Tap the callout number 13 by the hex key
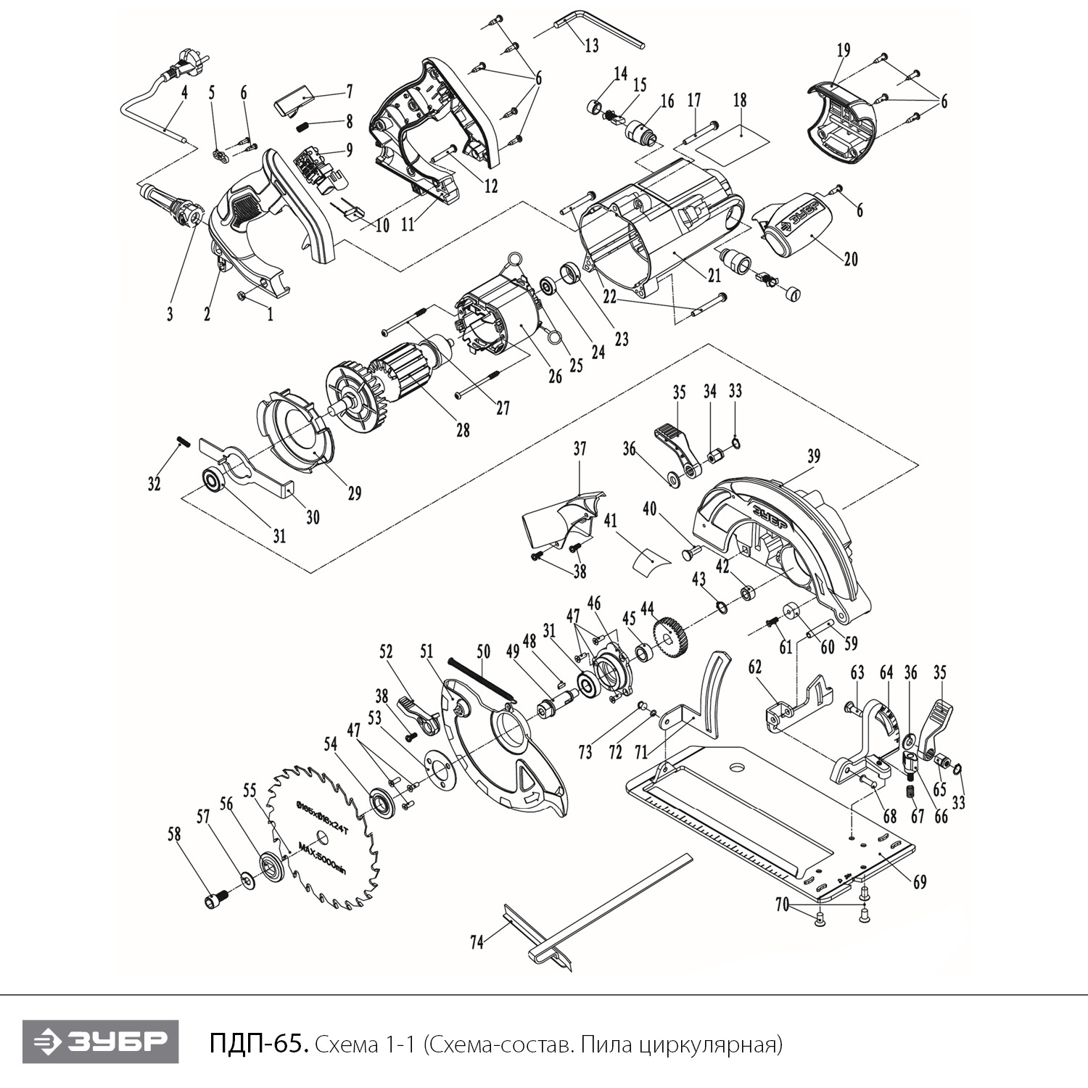(591, 45)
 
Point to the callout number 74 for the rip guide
(477, 943)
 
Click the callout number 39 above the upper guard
(814, 456)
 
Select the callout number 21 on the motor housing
(714, 276)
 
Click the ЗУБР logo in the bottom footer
(100, 1043)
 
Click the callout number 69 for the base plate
(920, 882)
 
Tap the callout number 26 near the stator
(555, 376)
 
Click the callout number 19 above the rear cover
(843, 51)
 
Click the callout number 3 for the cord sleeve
(170, 314)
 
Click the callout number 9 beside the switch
(349, 150)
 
